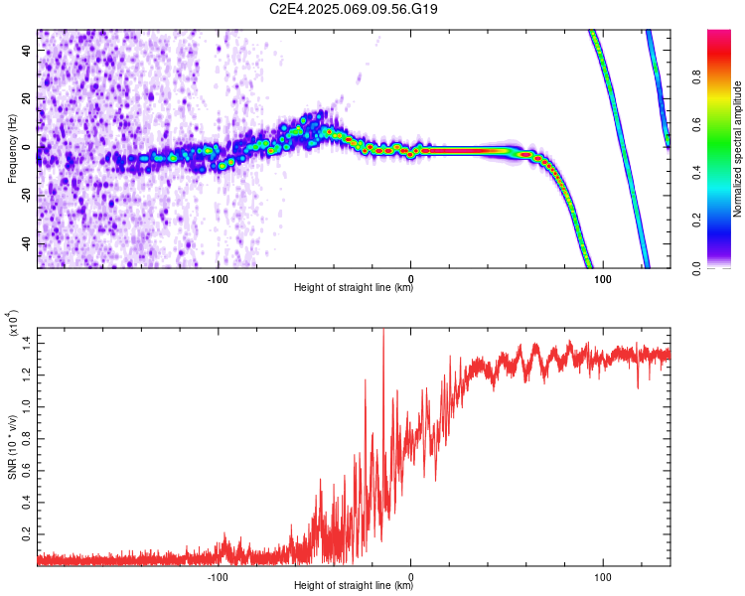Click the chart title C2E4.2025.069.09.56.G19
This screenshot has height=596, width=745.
353,9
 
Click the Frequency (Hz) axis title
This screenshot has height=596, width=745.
12,149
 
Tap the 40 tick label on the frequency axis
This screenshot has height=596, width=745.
26,50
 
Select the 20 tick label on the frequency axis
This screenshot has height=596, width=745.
26,98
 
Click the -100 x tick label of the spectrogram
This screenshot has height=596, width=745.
218,279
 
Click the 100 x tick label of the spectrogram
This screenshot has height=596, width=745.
603,279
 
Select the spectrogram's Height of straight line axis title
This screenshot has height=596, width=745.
354,287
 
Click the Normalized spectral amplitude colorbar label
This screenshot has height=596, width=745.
737,149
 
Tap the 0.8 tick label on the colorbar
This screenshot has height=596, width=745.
696,76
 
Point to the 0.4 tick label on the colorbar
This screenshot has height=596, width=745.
696,173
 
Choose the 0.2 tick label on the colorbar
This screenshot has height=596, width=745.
696,221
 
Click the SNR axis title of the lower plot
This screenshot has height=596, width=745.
12,447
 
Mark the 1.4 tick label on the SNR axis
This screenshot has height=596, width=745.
26,343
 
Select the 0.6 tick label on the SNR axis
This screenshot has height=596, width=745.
26,471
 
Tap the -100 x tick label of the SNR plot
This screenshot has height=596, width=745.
218,577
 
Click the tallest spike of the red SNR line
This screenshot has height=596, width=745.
383,331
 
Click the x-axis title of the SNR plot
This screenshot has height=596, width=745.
354,585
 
